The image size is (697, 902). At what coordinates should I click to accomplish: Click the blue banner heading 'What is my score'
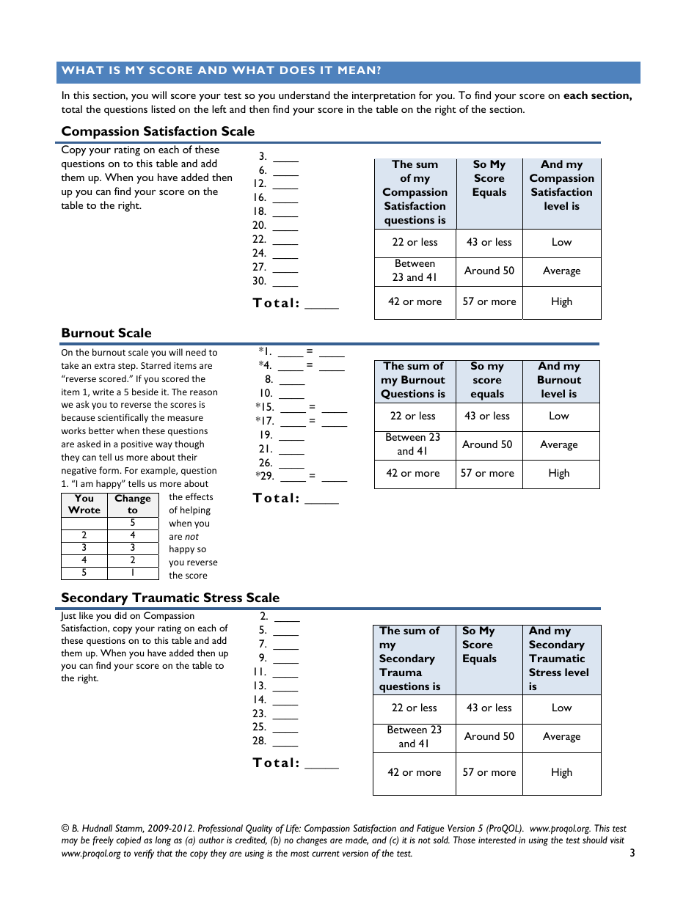click(221, 71)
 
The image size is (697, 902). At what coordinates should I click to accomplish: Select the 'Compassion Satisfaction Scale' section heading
click(158, 131)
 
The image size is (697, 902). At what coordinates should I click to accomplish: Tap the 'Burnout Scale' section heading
click(106, 333)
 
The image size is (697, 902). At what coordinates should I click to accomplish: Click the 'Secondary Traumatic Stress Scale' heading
click(170, 598)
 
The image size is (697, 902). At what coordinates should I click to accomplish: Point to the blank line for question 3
click(285, 158)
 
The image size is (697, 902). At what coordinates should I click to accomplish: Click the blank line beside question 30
click(285, 283)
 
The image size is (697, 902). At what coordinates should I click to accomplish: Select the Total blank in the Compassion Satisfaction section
click(321, 306)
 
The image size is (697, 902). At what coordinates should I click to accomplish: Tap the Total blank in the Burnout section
click(321, 501)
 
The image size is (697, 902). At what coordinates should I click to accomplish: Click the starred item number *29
click(264, 476)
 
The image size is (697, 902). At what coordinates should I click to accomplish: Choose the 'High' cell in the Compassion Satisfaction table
click(561, 301)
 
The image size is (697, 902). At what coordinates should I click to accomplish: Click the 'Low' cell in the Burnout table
click(558, 416)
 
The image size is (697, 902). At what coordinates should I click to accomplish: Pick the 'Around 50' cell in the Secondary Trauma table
click(489, 736)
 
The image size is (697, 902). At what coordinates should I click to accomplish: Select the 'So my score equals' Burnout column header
click(487, 380)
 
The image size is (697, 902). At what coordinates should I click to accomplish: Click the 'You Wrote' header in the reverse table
click(84, 505)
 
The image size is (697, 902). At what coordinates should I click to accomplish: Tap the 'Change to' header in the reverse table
click(133, 505)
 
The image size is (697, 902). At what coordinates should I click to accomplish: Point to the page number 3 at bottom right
click(632, 853)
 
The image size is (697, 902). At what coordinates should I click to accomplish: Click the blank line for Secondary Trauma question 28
click(285, 743)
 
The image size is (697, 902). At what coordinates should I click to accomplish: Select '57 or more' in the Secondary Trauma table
click(489, 772)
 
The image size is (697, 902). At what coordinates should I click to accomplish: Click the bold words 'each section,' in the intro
click(597, 95)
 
